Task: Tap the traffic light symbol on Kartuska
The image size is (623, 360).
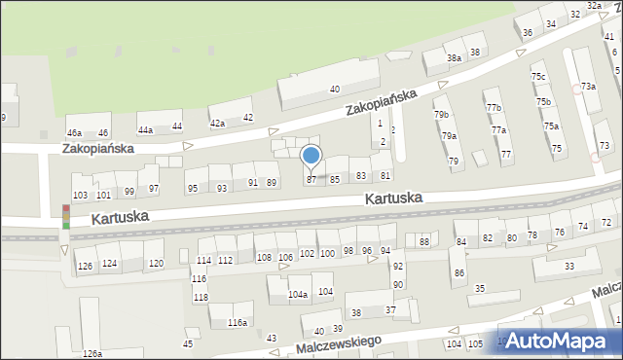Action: point(65,216)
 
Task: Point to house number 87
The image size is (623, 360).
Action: point(311,180)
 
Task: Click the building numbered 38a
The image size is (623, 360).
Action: point(454,58)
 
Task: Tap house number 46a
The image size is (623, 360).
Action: point(74,132)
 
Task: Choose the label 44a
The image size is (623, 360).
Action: point(145,129)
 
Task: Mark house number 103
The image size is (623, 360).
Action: point(80,196)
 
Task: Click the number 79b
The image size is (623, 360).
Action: point(441,115)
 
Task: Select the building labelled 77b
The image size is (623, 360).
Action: point(495,107)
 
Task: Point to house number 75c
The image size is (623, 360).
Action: point(537,77)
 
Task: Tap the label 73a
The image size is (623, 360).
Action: point(588,87)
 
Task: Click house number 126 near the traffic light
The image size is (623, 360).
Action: point(85,266)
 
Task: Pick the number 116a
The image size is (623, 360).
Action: point(237,322)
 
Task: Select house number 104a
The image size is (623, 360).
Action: point(298,294)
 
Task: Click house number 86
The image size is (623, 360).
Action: point(458,273)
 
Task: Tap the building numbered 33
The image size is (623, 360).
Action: point(568,266)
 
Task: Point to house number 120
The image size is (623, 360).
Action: point(156,264)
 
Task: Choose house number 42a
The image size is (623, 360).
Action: point(218,124)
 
